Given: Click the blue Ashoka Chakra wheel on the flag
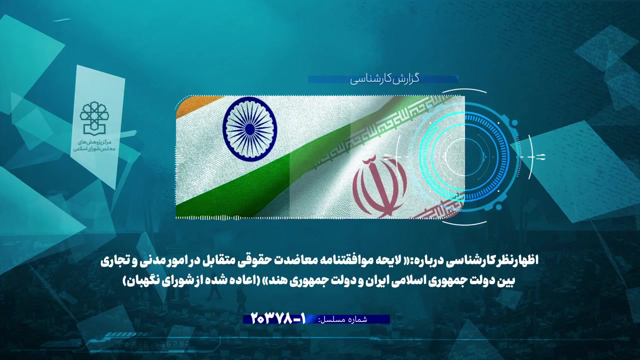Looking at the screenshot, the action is click(x=249, y=128).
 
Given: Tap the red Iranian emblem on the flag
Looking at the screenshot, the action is click(x=380, y=186).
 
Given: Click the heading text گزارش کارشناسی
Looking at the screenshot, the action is click(x=384, y=79).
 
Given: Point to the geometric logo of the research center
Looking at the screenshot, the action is click(x=94, y=117).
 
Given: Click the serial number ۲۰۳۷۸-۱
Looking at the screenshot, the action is click(x=278, y=319).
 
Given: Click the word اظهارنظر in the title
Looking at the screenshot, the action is click(x=515, y=260).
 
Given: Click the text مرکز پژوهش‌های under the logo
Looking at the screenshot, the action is click(x=94, y=141).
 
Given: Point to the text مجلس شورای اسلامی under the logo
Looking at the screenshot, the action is click(x=94, y=149).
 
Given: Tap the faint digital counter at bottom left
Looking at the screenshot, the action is click(x=154, y=344).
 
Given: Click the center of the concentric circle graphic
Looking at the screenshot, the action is click(x=464, y=157).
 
